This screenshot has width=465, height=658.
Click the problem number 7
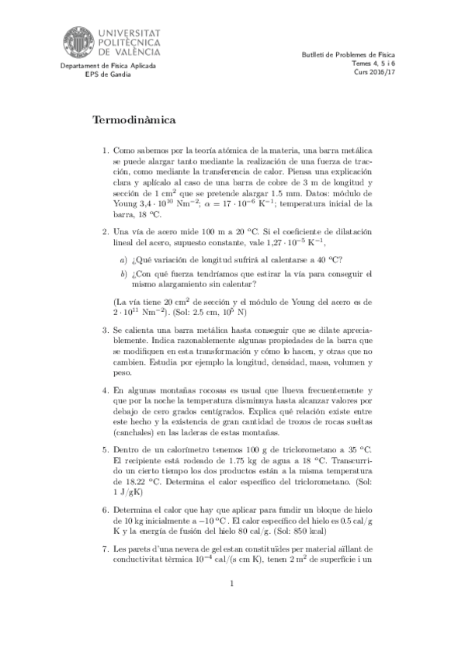click(106, 548)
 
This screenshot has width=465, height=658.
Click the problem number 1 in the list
click(106, 150)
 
